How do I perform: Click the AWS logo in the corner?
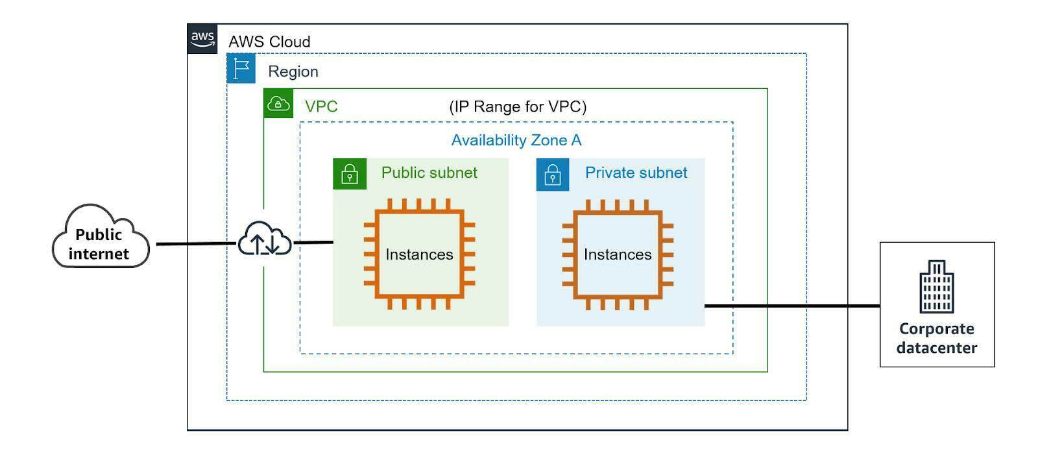tap(202, 38)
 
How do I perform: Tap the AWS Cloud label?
tap(269, 42)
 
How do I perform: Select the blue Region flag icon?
tap(241, 68)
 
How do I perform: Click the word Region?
tap(293, 71)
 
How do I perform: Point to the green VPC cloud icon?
tap(279, 103)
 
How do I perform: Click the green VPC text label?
tap(321, 106)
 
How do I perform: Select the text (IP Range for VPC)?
tap(518, 106)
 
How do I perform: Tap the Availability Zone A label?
tap(516, 140)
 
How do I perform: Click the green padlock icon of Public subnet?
tap(350, 174)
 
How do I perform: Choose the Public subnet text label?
tap(429, 173)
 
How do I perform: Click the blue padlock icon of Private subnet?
tap(553, 175)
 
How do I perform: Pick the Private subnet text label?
tap(636, 173)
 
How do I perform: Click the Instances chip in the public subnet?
tap(419, 254)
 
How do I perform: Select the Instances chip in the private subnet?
tap(618, 254)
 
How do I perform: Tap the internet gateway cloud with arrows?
tap(265, 239)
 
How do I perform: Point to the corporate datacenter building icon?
tap(936, 287)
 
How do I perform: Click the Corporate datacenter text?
tap(936, 338)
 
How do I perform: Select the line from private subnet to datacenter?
tap(791, 306)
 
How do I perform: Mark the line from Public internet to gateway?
tap(195, 244)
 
